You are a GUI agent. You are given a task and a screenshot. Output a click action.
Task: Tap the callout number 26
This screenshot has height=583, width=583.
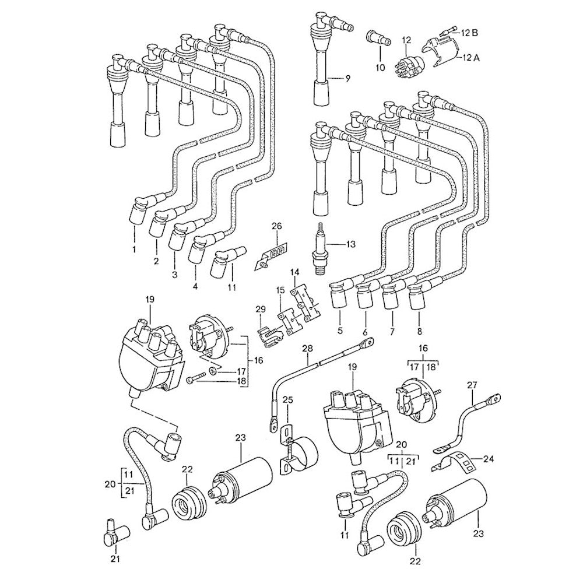coord(276,226)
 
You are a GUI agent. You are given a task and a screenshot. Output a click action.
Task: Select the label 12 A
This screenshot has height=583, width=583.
coord(470,58)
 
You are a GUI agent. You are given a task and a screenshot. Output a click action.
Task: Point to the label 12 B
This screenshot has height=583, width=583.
coord(470,32)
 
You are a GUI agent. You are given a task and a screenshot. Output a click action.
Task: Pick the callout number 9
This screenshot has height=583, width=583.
coord(347,79)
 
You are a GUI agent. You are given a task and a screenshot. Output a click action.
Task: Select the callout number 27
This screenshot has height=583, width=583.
coord(472,385)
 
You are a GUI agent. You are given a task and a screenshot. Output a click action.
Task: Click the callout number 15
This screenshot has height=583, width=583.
coord(280,290)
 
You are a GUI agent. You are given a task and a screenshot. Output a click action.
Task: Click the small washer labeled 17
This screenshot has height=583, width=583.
coord(213,371)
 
